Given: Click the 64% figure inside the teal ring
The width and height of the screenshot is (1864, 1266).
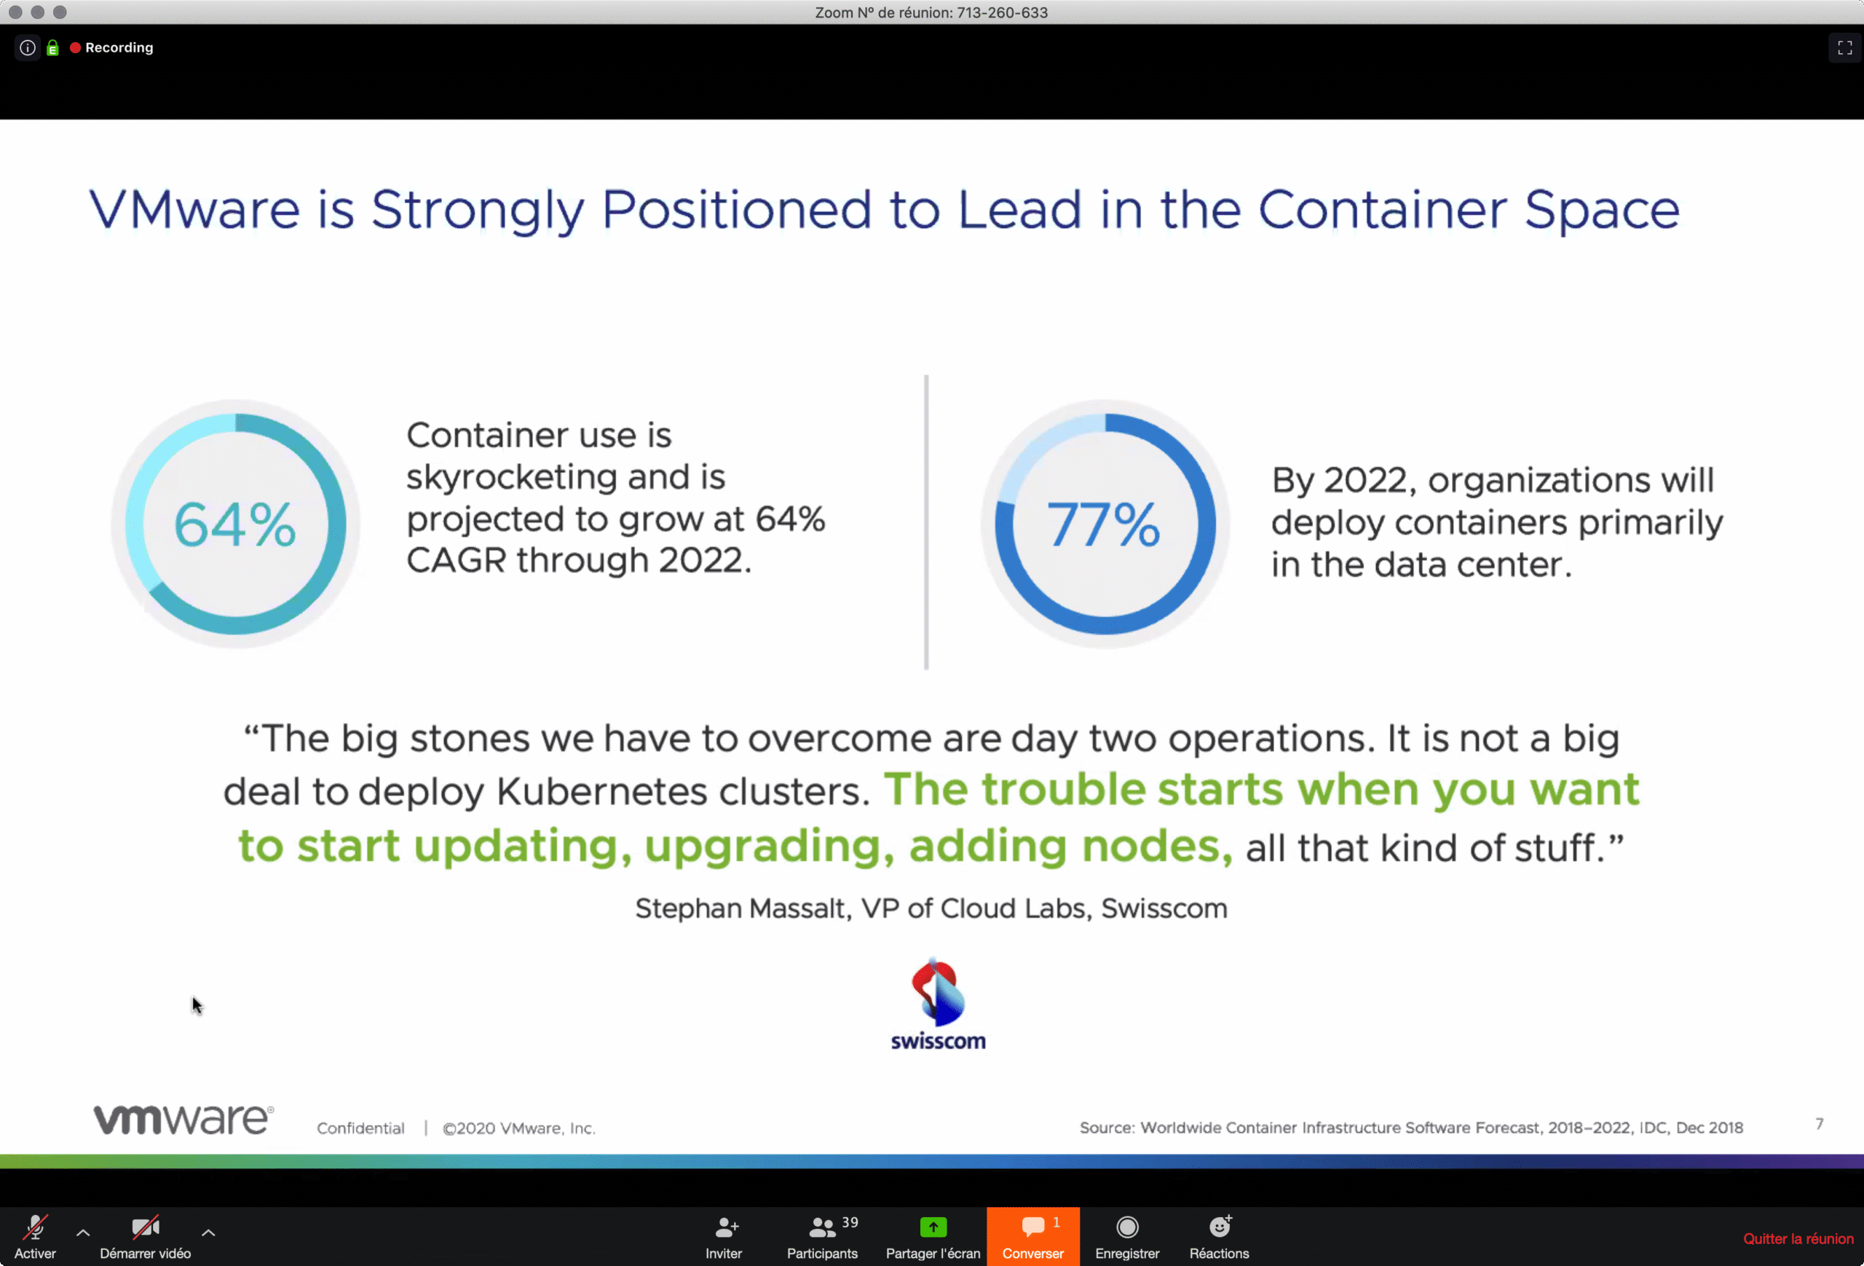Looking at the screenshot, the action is (235, 524).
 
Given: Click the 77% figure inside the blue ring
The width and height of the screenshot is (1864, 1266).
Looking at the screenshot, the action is (1104, 524).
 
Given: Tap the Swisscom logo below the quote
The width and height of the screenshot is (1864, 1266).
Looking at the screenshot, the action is (938, 1004).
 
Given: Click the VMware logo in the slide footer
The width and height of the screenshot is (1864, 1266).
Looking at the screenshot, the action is (183, 1119).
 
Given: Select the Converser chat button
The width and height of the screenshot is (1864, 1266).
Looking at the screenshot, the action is (1033, 1236).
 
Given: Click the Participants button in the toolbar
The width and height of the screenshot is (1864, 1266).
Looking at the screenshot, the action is (822, 1236).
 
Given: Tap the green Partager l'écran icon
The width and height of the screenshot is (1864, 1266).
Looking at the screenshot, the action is (933, 1227).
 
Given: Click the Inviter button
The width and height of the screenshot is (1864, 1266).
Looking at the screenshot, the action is (724, 1236).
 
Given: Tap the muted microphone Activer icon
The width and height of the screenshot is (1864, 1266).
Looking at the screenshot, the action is (35, 1227).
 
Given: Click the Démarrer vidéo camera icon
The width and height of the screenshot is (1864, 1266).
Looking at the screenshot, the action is (145, 1227).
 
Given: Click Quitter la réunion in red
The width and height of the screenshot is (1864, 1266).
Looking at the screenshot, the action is (1798, 1239).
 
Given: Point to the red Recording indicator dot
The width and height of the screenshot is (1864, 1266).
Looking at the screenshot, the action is (76, 47).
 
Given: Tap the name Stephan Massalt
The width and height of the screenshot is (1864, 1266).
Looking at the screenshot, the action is (743, 908).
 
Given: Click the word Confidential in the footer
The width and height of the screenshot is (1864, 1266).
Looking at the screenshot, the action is (360, 1128).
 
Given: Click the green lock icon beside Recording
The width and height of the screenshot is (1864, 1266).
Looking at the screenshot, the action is (53, 48).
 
